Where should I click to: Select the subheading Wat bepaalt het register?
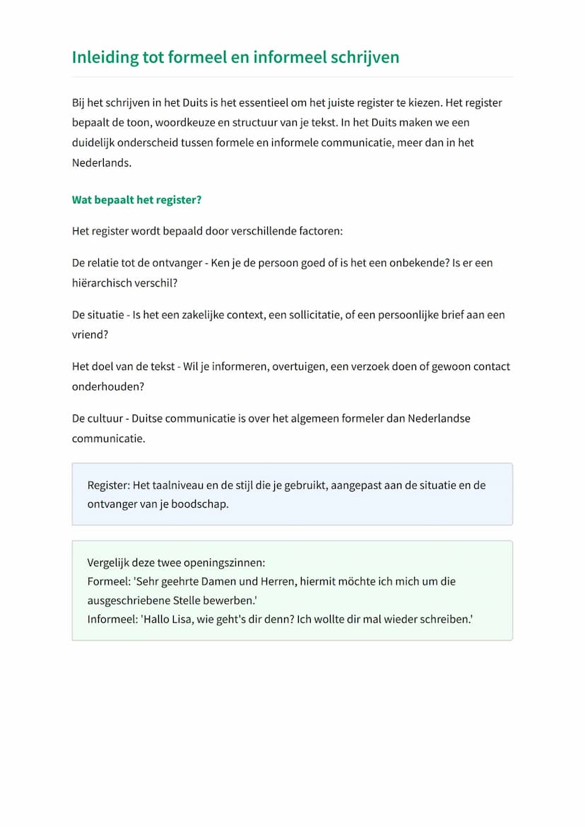[x=136, y=200]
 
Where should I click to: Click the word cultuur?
[x=103, y=418]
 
